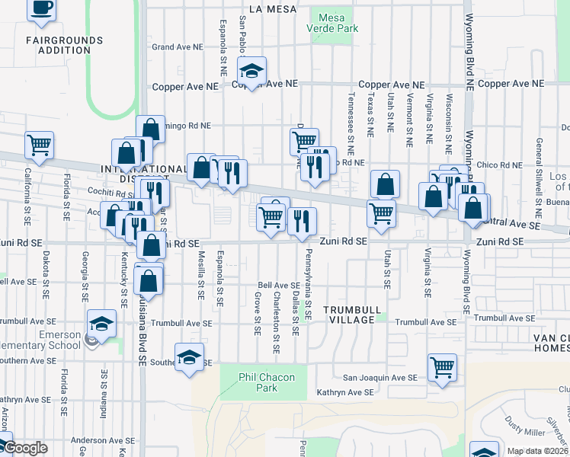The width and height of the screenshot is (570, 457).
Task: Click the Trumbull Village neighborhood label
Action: click(x=349, y=315)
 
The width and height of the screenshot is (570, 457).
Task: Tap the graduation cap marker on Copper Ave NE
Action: click(x=251, y=71)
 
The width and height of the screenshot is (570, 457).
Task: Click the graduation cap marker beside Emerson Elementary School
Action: click(x=101, y=324)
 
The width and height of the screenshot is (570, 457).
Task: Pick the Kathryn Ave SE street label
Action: click(x=345, y=393)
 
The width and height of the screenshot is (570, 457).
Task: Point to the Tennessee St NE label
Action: click(x=351, y=115)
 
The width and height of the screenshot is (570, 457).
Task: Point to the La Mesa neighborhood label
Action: click(x=261, y=9)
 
